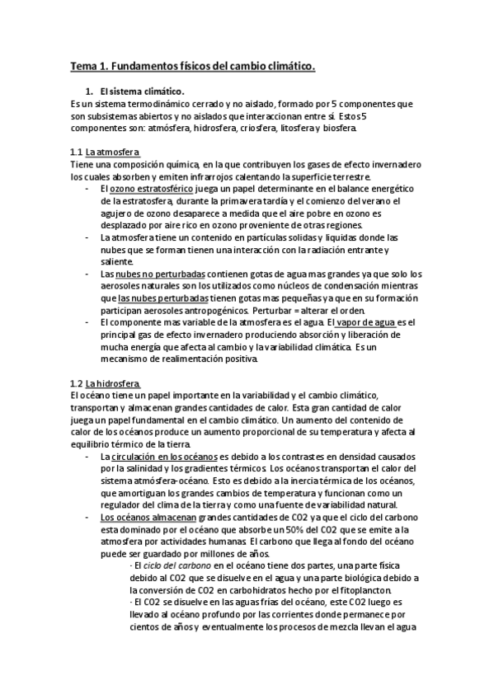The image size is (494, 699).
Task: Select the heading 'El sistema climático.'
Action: coord(142,91)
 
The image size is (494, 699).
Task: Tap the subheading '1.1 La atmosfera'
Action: coord(105,152)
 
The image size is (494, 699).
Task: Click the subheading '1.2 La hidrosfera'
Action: coord(105,384)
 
